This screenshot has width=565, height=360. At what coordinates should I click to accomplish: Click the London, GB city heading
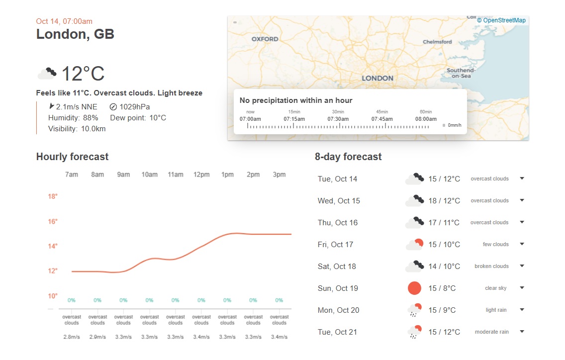click(75, 34)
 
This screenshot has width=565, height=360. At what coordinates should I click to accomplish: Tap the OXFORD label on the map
click(265, 39)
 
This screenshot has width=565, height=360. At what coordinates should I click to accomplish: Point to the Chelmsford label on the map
click(437, 42)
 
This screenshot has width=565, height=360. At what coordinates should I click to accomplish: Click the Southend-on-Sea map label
click(461, 73)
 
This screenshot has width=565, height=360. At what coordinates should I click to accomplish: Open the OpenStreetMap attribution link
click(501, 20)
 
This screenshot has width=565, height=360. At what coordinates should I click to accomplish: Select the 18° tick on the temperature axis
click(53, 196)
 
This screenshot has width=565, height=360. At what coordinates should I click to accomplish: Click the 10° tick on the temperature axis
click(53, 296)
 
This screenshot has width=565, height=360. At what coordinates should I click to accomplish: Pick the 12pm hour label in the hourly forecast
click(201, 175)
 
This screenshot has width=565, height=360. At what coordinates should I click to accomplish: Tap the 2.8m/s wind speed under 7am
click(72, 337)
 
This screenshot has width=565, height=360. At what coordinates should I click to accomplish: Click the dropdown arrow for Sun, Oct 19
click(522, 288)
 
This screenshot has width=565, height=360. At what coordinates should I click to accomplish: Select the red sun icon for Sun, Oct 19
click(414, 288)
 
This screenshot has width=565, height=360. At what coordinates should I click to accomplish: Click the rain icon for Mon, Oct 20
click(414, 310)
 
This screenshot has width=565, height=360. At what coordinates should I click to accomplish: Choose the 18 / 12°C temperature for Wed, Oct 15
click(444, 201)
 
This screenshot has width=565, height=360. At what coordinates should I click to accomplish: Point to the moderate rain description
click(491, 332)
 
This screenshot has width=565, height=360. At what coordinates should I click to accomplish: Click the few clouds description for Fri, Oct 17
click(495, 245)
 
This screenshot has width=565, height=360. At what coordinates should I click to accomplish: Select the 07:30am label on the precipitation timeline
click(338, 119)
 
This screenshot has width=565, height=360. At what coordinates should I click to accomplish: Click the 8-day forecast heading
click(348, 157)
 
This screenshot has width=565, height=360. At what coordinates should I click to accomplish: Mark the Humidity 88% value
click(90, 118)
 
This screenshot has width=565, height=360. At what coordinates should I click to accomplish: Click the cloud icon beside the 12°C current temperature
click(47, 74)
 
